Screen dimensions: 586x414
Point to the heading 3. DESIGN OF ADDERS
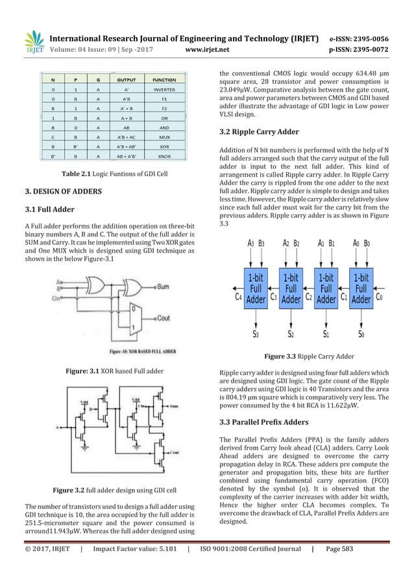pyautogui.click(x=56, y=192)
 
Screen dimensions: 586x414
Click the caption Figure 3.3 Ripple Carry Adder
pyautogui.click(x=307, y=356)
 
